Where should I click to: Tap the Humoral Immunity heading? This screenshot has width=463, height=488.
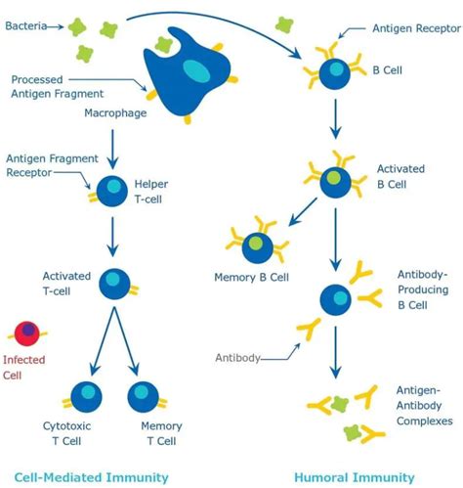[x=355, y=476]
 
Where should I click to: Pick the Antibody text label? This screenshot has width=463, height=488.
[x=237, y=358]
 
